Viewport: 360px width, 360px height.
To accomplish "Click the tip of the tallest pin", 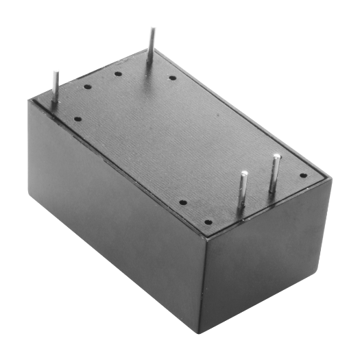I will point(154,28).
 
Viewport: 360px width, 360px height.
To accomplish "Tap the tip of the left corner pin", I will point(53,70).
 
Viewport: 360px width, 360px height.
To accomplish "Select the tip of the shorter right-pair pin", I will point(243,176).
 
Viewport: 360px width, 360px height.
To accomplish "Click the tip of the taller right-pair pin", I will point(276,157).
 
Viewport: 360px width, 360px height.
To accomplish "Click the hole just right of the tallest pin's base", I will point(173,77).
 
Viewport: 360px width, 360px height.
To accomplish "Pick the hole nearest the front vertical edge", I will point(206,221).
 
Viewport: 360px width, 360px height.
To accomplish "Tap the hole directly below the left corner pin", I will point(77,119).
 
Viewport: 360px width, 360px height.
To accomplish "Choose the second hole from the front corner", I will point(184,203).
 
